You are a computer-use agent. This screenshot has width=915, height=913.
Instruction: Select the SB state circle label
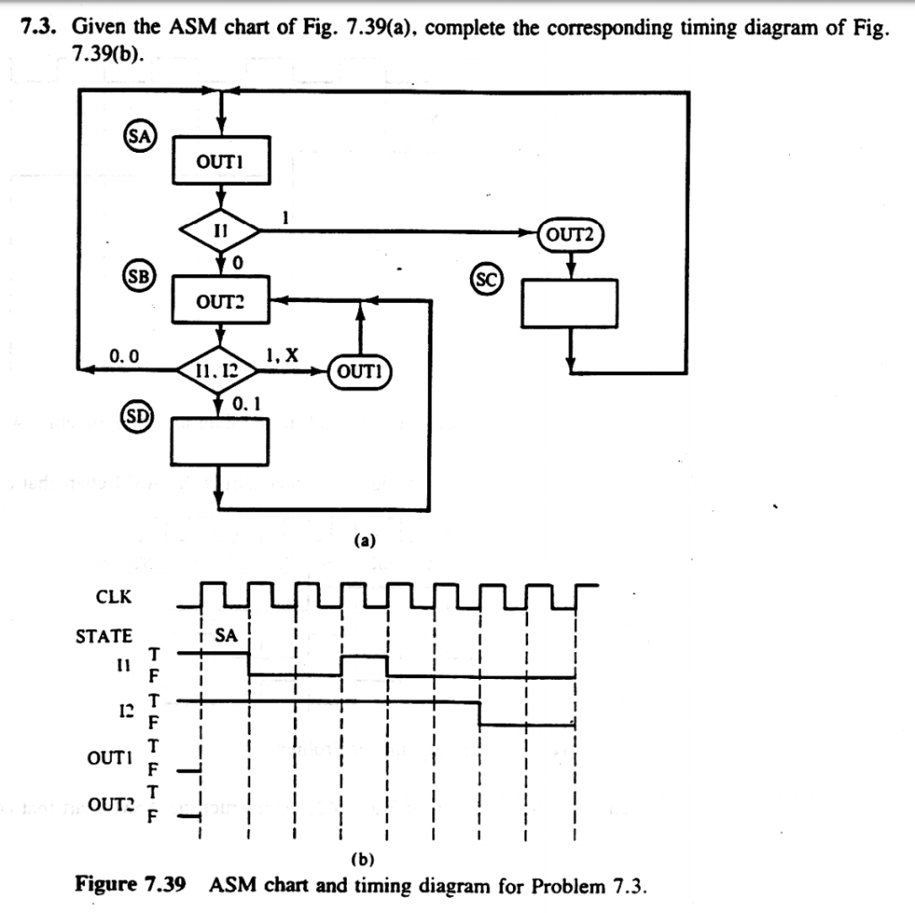coord(140,273)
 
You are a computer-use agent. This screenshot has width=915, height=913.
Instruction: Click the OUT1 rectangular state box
coord(220,161)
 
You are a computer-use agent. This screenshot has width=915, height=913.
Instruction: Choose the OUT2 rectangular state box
coord(220,301)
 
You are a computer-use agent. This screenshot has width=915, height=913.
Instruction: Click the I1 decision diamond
coord(220,230)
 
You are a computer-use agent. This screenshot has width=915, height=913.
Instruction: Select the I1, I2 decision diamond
coord(220,370)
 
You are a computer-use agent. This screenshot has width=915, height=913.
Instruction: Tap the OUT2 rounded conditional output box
coord(572,234)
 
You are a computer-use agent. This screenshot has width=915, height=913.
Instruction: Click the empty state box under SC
coord(570,303)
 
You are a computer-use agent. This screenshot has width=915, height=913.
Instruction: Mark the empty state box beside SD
coord(220,441)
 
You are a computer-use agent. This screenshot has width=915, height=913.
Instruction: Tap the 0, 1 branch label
coord(246,403)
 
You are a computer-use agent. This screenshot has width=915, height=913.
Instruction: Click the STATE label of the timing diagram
coord(104,636)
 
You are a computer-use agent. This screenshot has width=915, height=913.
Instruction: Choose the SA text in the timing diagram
coord(227,636)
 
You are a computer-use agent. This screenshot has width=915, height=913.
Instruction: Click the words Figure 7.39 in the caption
coord(130,886)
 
